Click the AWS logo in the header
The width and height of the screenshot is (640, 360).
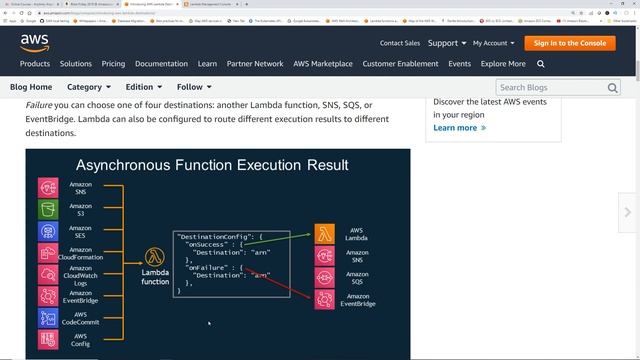pyautogui.click(x=36, y=42)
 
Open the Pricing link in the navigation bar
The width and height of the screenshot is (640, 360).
pyautogui.click(x=113, y=64)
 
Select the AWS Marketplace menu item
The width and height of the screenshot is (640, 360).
pyautogui.click(x=323, y=64)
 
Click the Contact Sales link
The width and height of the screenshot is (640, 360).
pyautogui.click(x=399, y=43)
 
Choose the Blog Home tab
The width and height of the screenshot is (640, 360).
pyautogui.click(x=31, y=87)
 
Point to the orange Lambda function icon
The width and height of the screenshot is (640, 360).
pyautogui.click(x=155, y=257)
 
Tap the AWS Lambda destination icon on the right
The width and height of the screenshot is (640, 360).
pyautogui.click(x=325, y=234)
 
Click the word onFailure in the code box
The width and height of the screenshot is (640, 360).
pyautogui.click(x=207, y=267)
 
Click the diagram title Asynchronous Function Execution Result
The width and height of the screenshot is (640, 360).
pyautogui.click(x=212, y=165)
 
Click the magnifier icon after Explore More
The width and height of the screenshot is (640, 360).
pyautogui.click(x=541, y=64)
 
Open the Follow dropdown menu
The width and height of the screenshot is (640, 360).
pyautogui.click(x=193, y=87)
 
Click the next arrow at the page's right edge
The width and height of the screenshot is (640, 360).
pyautogui.click(x=627, y=212)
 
